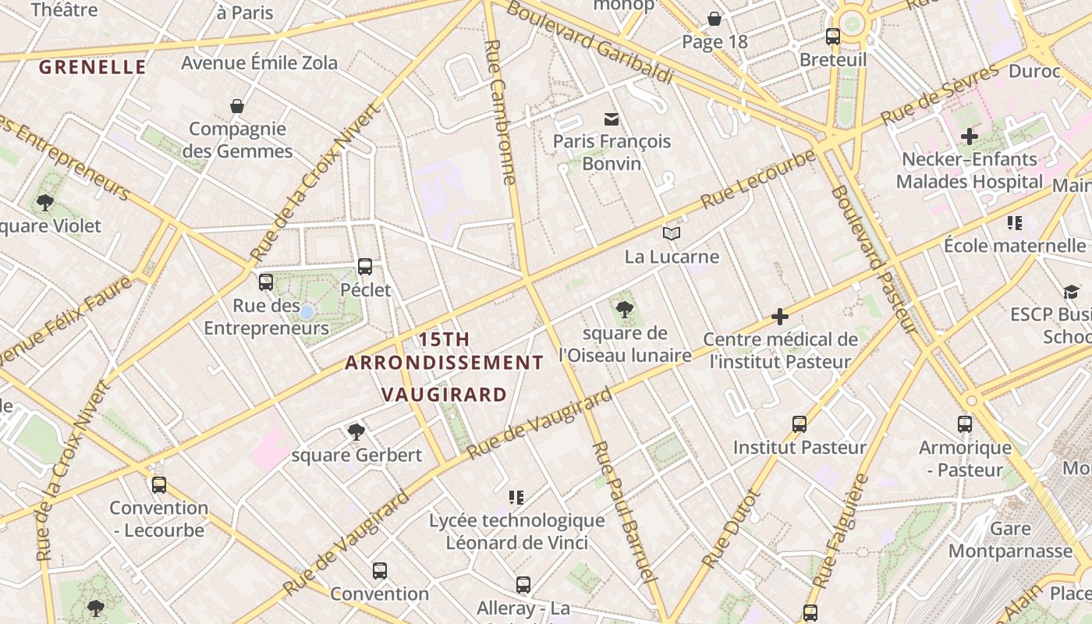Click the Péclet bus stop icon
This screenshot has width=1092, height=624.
(364, 267)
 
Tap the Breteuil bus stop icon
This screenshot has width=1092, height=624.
(832, 37)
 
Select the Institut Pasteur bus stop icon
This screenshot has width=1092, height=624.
(799, 424)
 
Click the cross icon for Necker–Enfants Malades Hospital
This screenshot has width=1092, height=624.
(969, 136)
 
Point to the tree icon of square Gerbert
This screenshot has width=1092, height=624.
(356, 431)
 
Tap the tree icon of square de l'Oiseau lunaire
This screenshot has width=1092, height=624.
(624, 310)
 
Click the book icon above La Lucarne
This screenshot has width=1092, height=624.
(671, 233)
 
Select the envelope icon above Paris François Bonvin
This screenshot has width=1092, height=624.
(612, 119)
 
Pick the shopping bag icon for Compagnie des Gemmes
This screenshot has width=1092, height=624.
(237, 105)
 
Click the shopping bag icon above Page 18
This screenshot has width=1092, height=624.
(714, 19)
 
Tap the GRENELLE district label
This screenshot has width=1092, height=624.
(93, 67)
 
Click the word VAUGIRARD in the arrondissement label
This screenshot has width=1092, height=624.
(445, 394)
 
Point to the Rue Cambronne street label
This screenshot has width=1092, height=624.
(501, 112)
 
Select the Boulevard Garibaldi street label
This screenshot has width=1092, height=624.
(589, 42)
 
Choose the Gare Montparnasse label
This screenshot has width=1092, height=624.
(1010, 540)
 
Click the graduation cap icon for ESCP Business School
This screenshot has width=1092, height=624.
(1071, 292)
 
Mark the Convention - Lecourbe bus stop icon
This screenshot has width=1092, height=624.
(159, 484)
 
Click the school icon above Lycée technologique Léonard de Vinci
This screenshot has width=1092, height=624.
(516, 497)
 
